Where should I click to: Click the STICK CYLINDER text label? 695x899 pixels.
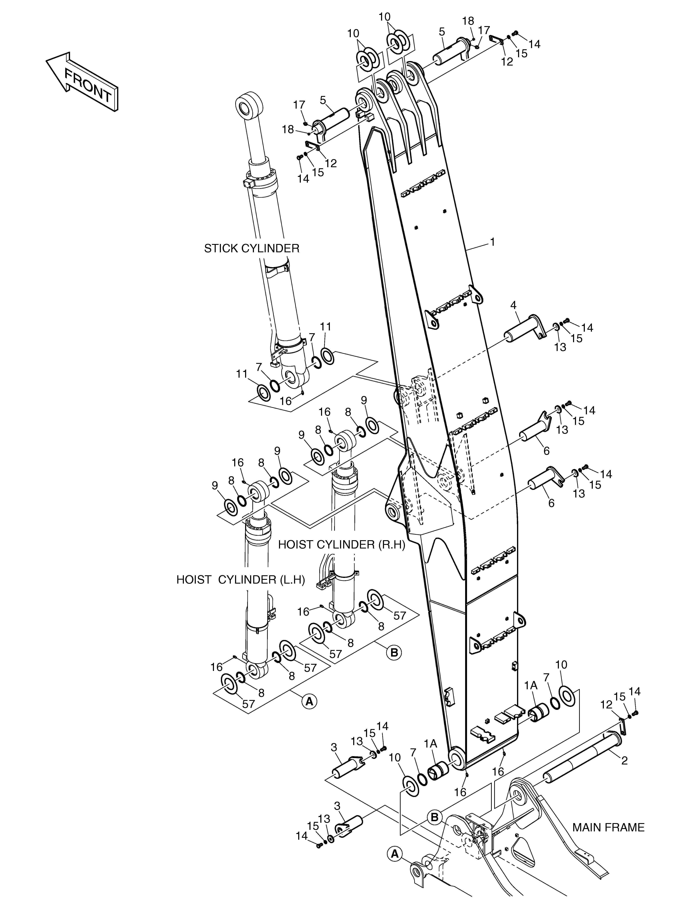[x=252, y=249]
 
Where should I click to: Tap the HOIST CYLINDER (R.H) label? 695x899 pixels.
[x=342, y=545]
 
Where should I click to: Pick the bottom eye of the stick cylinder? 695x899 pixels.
[x=295, y=378]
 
